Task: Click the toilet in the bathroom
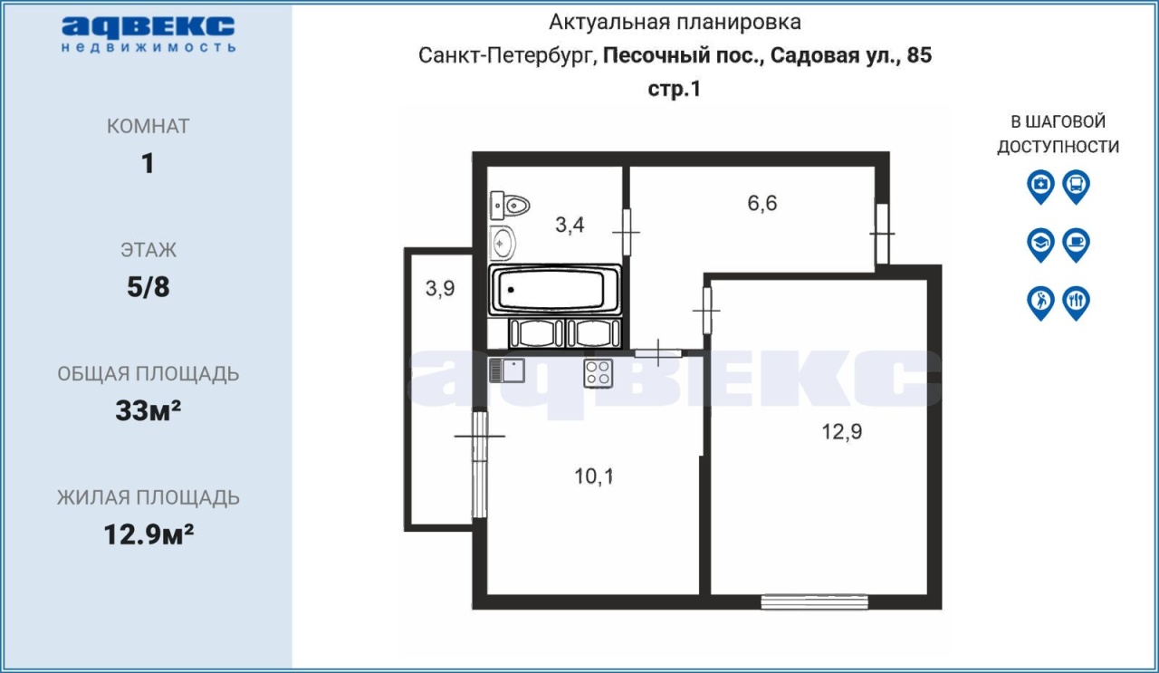pyautogui.click(x=510, y=206)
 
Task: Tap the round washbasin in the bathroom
pyautogui.click(x=502, y=243)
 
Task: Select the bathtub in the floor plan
pyautogui.click(x=555, y=289)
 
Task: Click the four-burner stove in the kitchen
pyautogui.click(x=599, y=373)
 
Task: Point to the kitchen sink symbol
pyautogui.click(x=507, y=370)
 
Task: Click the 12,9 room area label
pyautogui.click(x=842, y=431)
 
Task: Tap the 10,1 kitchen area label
pyautogui.click(x=594, y=476)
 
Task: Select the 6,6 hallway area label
pyautogui.click(x=762, y=203)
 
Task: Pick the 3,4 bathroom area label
pyautogui.click(x=570, y=225)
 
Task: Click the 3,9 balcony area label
pyautogui.click(x=440, y=288)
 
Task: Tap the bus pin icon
pyautogui.click(x=1077, y=187)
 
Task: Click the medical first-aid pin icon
pyautogui.click(x=1040, y=187)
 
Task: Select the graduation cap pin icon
pyautogui.click(x=1040, y=245)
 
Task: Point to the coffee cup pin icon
pyautogui.click(x=1077, y=245)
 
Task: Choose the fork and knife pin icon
pyautogui.click(x=1077, y=303)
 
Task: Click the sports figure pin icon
pyautogui.click(x=1040, y=303)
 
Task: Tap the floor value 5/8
pyautogui.click(x=148, y=287)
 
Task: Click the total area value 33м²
pyautogui.click(x=148, y=410)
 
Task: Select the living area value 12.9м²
pyautogui.click(x=148, y=534)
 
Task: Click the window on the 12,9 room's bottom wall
pyautogui.click(x=814, y=602)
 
